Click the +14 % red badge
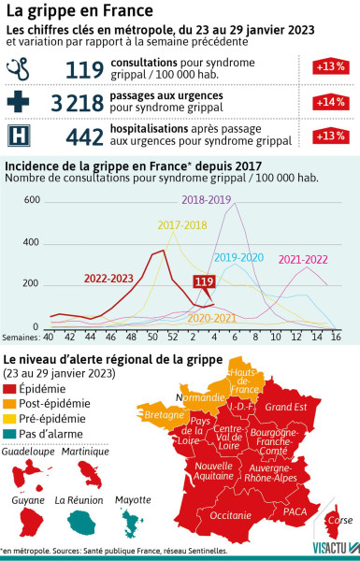[x=326, y=103]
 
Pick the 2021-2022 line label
[x=303, y=258]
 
